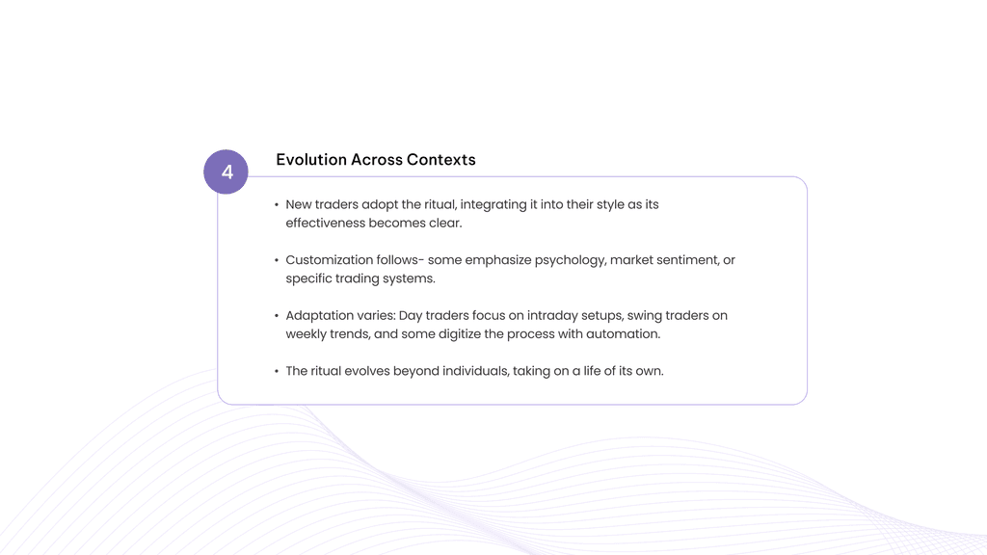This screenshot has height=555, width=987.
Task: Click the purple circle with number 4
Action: (227, 172)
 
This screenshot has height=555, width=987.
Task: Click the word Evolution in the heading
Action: (310, 160)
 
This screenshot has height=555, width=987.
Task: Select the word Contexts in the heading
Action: (441, 160)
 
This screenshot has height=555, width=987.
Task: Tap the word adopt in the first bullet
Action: (381, 205)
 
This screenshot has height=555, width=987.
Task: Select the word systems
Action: (409, 278)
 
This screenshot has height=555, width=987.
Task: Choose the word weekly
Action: (307, 334)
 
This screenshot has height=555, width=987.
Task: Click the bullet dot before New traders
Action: (277, 205)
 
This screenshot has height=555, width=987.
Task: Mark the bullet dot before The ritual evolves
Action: (277, 371)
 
